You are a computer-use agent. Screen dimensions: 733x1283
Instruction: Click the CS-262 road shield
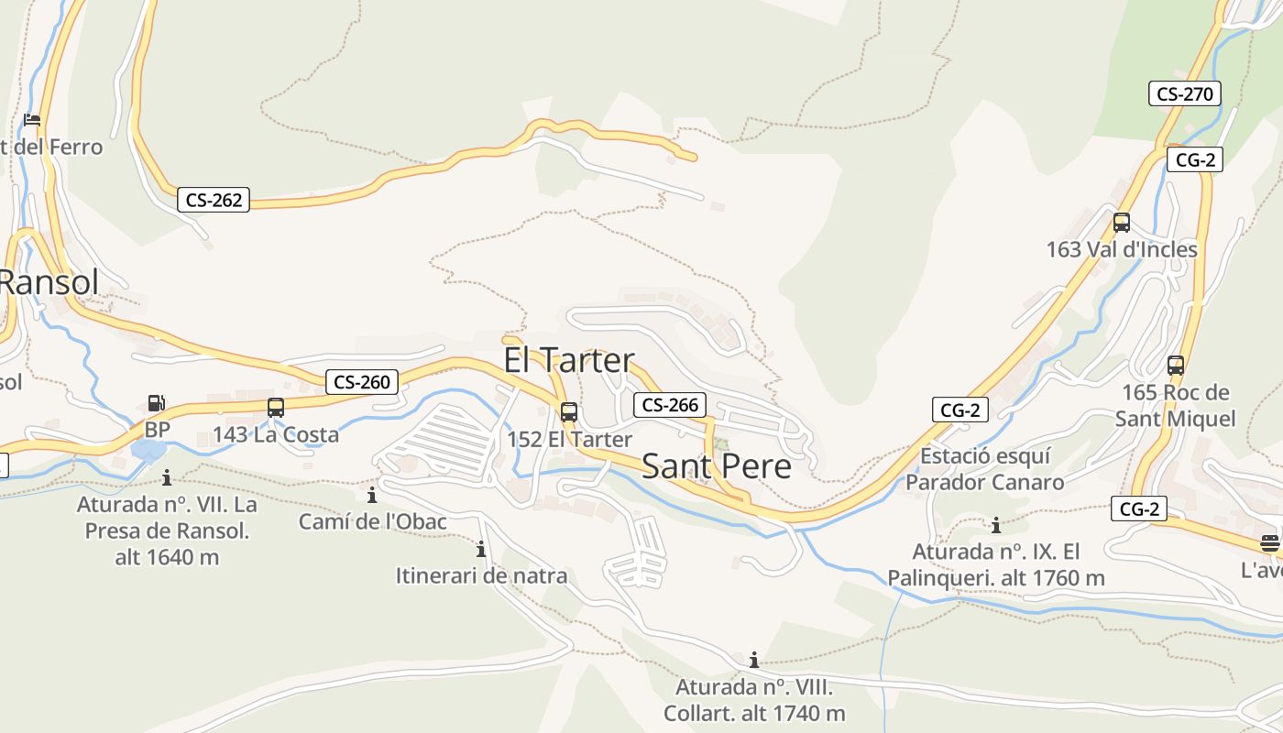pyautogui.click(x=214, y=200)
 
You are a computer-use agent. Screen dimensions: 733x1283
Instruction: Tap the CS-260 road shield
pyautogui.click(x=362, y=382)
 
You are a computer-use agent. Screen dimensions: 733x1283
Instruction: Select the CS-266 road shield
pyautogui.click(x=670, y=405)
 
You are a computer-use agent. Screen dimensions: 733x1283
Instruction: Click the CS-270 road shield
pyautogui.click(x=1184, y=93)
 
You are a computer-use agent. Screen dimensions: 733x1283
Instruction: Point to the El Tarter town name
pyautogui.click(x=568, y=360)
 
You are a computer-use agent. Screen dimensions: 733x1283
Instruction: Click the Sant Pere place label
pyautogui.click(x=716, y=466)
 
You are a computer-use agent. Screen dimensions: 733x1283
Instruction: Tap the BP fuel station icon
pyautogui.click(x=157, y=403)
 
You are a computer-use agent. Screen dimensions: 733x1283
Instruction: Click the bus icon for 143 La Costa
pyautogui.click(x=276, y=408)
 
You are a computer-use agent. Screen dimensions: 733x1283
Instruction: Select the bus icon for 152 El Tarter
pyautogui.click(x=569, y=412)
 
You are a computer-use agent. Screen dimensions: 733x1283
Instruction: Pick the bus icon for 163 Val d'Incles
pyautogui.click(x=1121, y=223)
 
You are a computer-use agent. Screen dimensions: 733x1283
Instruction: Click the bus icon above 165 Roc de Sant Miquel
pyautogui.click(x=1176, y=366)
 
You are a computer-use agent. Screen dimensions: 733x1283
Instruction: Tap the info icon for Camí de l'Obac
pyautogui.click(x=372, y=496)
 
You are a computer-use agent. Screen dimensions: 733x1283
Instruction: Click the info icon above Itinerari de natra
pyautogui.click(x=481, y=550)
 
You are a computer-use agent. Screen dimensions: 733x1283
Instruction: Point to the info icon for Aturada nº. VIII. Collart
pyautogui.click(x=754, y=660)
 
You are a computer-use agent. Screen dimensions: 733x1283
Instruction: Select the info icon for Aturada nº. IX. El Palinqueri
pyautogui.click(x=996, y=526)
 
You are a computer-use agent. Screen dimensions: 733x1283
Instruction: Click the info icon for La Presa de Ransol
pyautogui.click(x=167, y=477)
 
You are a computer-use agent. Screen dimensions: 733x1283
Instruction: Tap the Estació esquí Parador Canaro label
pyautogui.click(x=984, y=469)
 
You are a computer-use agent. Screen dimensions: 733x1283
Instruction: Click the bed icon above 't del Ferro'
pyautogui.click(x=32, y=120)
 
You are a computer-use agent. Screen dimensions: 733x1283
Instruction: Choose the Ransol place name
pyautogui.click(x=48, y=282)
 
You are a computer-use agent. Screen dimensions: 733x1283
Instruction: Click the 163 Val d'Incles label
pyautogui.click(x=1122, y=249)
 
